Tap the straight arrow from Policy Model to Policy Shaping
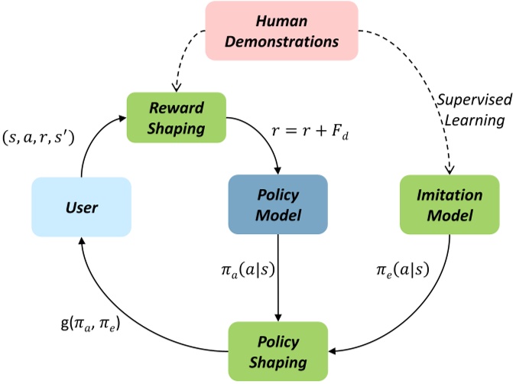(x=278, y=283)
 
